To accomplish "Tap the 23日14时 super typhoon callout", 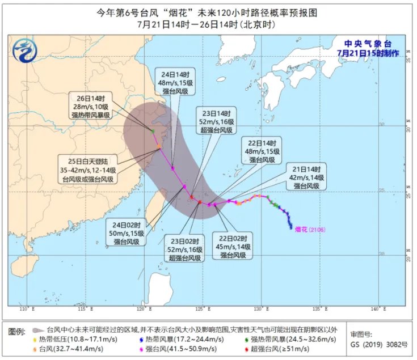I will pyautogui.click(x=216, y=120).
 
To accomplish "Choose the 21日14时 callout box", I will pyautogui.click(x=307, y=177).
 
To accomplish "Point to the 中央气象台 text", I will pyautogui.click(x=368, y=43).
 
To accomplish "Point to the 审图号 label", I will pyautogui.click(x=361, y=334).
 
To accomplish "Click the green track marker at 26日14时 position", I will pyautogui.click(x=153, y=132).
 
